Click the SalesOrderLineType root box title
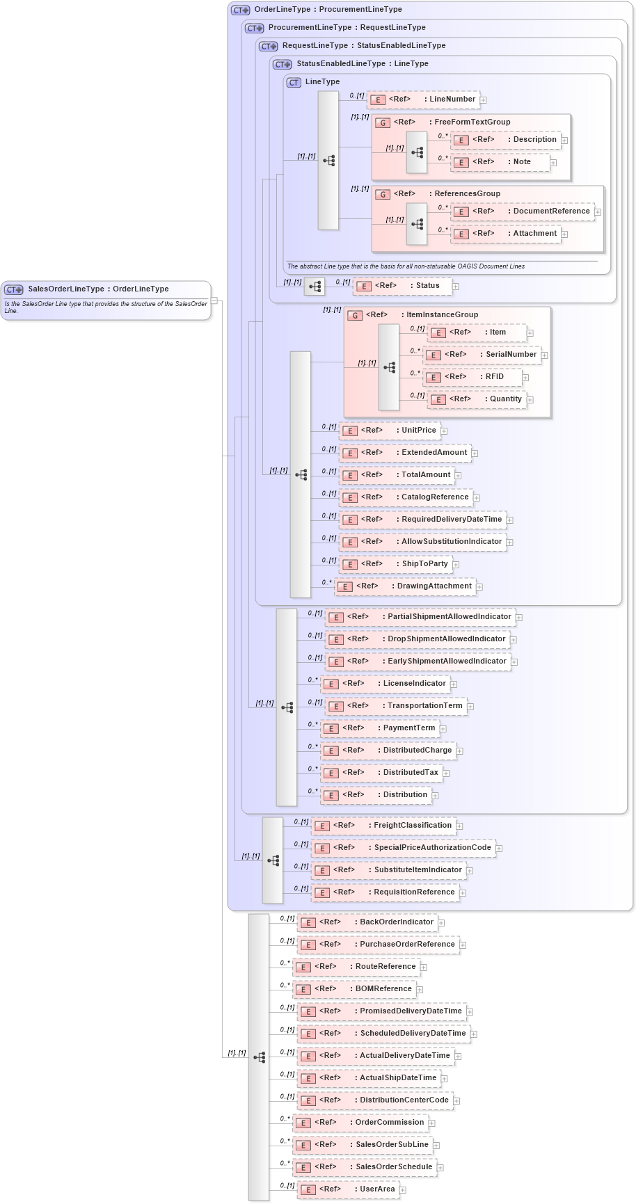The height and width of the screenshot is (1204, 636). click(98, 289)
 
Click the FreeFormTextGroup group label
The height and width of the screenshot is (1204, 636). click(472, 122)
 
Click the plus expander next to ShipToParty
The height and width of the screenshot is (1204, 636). click(456, 565)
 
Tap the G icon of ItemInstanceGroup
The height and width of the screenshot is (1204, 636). click(355, 315)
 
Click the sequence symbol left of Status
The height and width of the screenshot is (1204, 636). click(315, 287)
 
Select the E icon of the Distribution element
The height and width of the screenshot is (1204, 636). click(331, 796)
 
